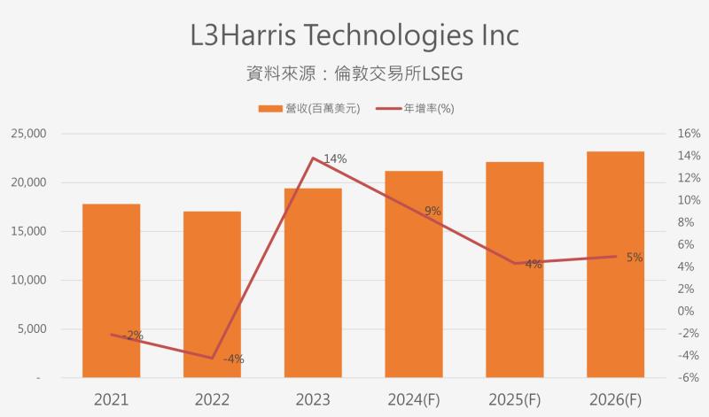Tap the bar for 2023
313,283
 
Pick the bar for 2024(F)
414,274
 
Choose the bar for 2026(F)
615,265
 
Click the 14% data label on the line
335,159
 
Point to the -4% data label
233,359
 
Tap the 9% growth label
432,211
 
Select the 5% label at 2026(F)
635,258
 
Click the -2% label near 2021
132,335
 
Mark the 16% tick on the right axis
665,134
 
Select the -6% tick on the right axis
665,378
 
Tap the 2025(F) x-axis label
514,399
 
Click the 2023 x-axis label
313,399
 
